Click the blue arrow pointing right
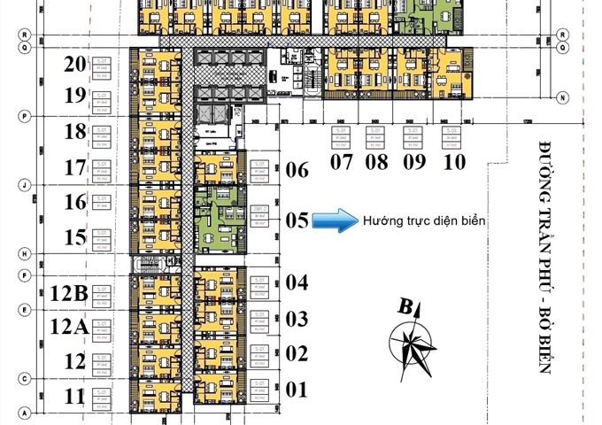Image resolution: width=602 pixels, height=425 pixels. tap(332, 220)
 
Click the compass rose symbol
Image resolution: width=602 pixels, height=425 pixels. tap(413, 345)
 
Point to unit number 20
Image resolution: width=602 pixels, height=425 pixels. tap(75, 64)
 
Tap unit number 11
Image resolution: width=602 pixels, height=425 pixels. tap(75, 394)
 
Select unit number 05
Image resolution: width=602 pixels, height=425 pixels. tap(297, 220)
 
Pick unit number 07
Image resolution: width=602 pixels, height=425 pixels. tap(340, 162)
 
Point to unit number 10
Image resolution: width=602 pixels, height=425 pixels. tap(454, 162)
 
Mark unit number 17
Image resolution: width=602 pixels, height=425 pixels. tap(75, 166)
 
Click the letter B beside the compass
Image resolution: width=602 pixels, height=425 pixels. tap(405, 308)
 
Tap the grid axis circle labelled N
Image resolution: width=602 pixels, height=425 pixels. tap(561, 97)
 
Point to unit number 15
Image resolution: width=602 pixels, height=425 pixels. tap(75, 237)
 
